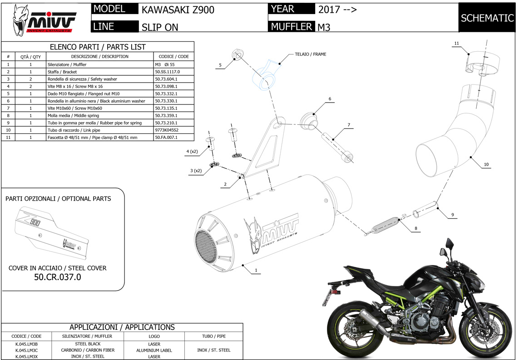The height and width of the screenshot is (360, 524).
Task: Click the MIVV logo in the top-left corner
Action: pos(44,20)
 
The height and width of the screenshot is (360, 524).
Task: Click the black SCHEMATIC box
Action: pos(487,18)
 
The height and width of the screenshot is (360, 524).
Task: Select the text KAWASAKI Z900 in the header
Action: pos(172,10)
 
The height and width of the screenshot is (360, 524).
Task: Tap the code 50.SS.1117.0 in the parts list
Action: pos(168,72)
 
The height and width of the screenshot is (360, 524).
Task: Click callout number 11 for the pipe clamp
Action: pos(456,44)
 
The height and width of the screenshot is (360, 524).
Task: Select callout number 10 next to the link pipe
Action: pos(486,164)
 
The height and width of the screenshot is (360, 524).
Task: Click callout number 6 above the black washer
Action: pos(330,99)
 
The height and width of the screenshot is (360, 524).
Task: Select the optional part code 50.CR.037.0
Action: pos(58,277)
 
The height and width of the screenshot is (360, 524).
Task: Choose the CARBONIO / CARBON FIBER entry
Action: pos(88,350)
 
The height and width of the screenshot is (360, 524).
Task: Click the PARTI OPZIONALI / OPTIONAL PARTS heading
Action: pos(58,199)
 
